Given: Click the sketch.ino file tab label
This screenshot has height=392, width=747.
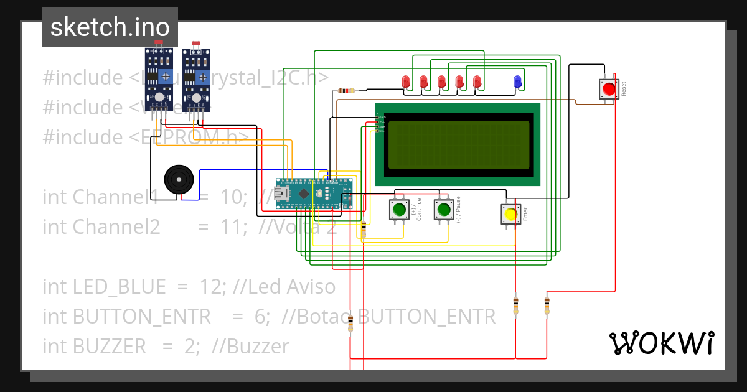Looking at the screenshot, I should tap(110, 27).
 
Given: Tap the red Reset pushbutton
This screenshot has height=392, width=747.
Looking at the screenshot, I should tap(608, 89).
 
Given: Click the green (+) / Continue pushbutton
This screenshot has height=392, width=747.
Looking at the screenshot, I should tap(398, 209).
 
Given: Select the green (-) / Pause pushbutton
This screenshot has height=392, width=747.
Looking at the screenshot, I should tap(443, 209).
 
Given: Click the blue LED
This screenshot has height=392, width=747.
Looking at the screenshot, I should tap(517, 82).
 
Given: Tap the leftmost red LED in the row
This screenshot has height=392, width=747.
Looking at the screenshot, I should tap(405, 82).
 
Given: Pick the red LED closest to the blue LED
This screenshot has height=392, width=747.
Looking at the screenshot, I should tap(477, 82).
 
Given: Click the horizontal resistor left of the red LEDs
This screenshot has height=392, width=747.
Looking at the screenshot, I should tap(347, 91).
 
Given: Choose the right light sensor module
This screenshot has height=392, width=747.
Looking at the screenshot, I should tap(195, 78).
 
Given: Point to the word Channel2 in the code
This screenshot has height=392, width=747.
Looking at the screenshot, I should tap(116, 227).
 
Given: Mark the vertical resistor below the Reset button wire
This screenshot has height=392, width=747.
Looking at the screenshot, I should tap(547, 306).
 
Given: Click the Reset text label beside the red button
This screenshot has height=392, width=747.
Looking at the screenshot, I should tap(623, 89).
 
